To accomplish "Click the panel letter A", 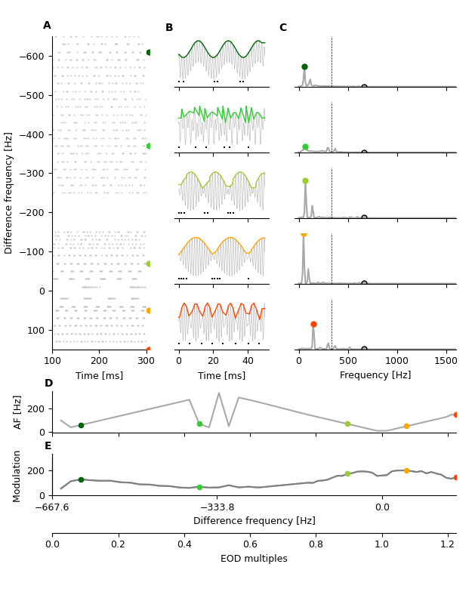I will (x=47, y=26).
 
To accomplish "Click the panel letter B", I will (x=169, y=28).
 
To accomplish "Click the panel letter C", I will (x=283, y=28).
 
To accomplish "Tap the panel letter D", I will (x=48, y=384).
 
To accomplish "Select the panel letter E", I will (x=48, y=446).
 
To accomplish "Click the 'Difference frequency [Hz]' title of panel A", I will (x=9, y=193).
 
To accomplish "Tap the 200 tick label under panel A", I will (x=100, y=362).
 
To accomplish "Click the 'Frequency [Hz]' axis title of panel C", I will (x=375, y=375).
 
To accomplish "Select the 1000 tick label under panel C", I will (x=397, y=362).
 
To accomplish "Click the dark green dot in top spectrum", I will (x=304, y=67).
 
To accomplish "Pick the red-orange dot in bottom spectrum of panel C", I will (x=313, y=325).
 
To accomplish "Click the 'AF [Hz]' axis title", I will (x=18, y=411).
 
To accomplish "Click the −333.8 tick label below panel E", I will (x=217, y=507).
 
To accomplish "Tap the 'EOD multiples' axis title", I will (x=254, y=559).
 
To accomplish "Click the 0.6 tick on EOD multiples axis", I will (x=250, y=544).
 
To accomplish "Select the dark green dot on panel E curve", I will (x=81, y=479).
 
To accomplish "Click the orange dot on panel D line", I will (x=406, y=426).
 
